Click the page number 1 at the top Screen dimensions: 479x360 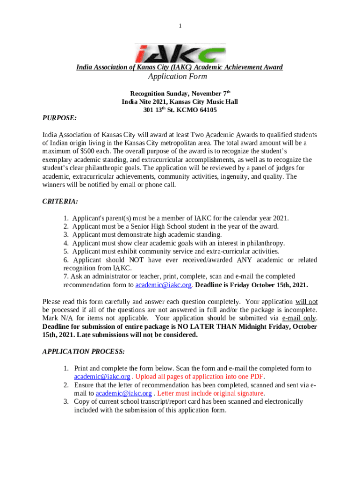180,26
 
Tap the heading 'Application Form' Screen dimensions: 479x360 177,77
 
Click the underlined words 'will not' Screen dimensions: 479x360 306,301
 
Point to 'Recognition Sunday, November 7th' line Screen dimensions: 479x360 180,94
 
